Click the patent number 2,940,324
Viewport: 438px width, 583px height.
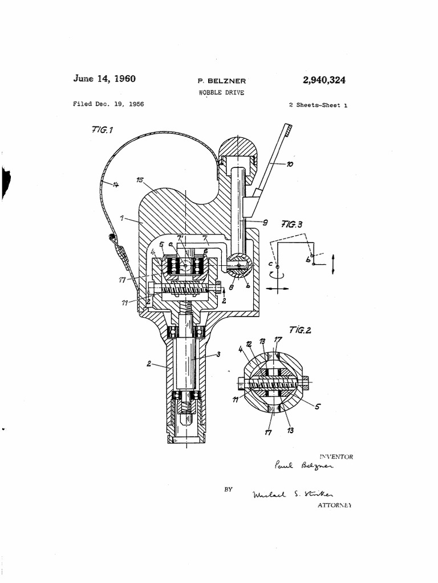[324, 80]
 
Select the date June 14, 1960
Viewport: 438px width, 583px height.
[104, 79]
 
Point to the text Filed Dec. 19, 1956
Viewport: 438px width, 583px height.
[108, 104]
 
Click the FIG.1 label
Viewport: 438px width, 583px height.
[102, 130]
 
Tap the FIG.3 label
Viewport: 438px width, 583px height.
[293, 224]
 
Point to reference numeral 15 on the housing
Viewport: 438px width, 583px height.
[140, 180]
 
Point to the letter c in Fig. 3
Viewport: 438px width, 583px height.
[270, 264]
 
